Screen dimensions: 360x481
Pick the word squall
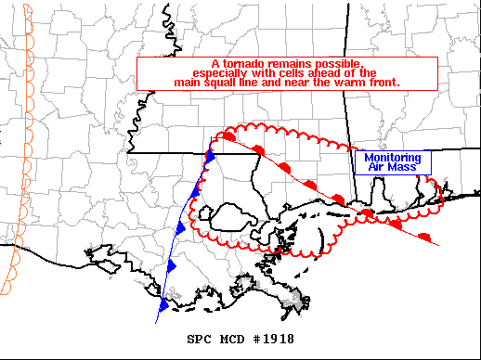(x=243, y=82)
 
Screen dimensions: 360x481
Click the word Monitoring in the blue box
(x=393, y=158)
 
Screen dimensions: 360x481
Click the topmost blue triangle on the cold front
(x=210, y=157)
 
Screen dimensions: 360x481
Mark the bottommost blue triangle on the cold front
(x=164, y=303)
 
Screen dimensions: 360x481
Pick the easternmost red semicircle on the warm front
(x=425, y=236)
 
